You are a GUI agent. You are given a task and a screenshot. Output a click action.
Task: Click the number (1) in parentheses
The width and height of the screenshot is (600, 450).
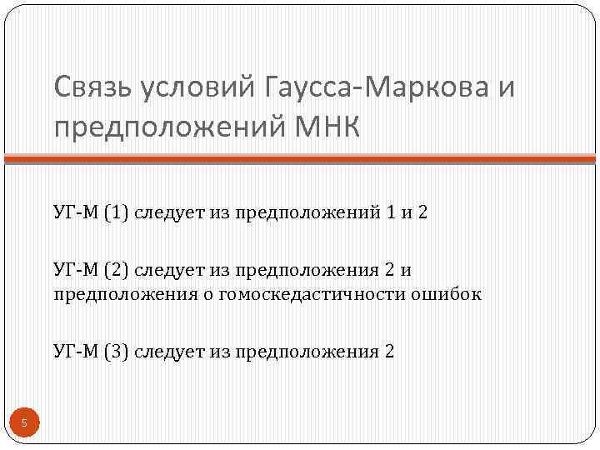pos(117,213)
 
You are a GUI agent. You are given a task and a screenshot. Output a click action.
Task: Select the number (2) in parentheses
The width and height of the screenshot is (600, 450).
pos(117,270)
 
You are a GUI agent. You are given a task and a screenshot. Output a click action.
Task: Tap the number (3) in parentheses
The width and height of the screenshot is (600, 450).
pos(117,351)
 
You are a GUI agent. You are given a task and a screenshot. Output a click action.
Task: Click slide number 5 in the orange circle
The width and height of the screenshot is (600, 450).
pos(24,424)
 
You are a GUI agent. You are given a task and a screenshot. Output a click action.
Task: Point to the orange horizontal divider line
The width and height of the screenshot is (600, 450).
pos(300,158)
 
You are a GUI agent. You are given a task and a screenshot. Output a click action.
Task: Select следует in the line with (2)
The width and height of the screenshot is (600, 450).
pos(167,270)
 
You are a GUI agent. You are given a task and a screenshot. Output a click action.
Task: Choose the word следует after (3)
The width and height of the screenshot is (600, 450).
pos(167,351)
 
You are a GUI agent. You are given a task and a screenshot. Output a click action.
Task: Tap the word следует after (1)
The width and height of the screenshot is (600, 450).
pos(167,213)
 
